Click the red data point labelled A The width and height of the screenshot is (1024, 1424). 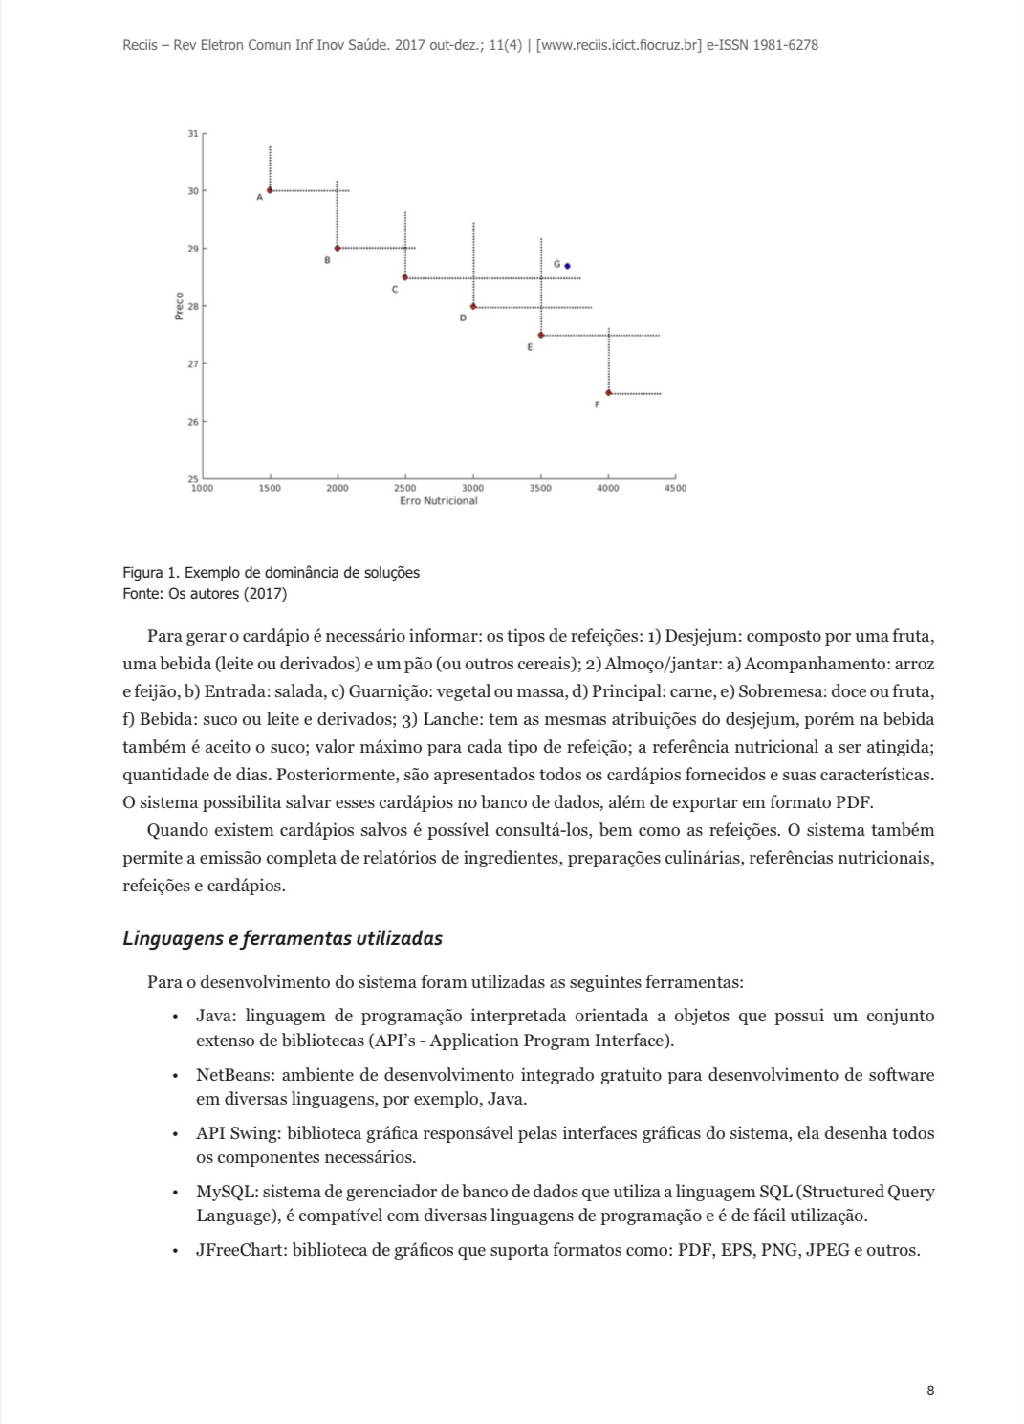pos(270,190)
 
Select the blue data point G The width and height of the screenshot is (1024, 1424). pos(567,266)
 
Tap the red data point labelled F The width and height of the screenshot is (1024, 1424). pos(608,393)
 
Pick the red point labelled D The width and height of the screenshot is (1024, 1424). pos(473,306)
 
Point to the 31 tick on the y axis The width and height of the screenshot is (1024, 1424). pos(193,133)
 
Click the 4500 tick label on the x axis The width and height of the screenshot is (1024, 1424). pos(675,488)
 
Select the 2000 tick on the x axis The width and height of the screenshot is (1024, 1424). pos(338,488)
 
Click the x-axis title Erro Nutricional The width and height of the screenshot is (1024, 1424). pos(439,501)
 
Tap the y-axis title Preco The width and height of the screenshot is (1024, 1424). pos(180,306)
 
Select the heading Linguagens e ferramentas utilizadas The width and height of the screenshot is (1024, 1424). pos(282,938)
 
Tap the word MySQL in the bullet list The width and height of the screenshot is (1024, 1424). pos(226,1192)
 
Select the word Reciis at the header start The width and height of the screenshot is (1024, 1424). pos(141,45)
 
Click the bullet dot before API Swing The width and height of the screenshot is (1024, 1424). pos(175,1134)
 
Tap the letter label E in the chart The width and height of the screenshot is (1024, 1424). pos(529,348)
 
